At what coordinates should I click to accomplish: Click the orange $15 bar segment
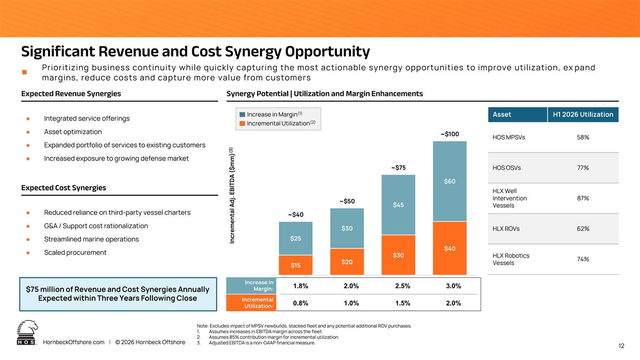click(x=295, y=265)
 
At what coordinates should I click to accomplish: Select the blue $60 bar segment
click(x=450, y=181)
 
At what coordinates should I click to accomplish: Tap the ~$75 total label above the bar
click(x=398, y=167)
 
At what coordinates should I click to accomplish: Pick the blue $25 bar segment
click(x=295, y=238)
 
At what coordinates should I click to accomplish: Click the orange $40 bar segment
click(x=450, y=249)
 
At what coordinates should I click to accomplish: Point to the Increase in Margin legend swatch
click(x=242, y=114)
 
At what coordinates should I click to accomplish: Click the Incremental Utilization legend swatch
click(x=242, y=123)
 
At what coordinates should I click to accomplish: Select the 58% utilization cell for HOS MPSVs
click(x=583, y=137)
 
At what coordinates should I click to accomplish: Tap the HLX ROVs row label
click(x=506, y=229)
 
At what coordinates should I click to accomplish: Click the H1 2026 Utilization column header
click(x=583, y=115)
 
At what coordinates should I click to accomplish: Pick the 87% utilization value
click(x=583, y=198)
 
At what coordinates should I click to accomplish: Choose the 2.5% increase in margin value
click(x=403, y=286)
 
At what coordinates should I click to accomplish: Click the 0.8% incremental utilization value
click(x=301, y=303)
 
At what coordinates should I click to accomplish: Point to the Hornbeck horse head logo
click(x=27, y=332)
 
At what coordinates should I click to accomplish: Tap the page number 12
click(x=621, y=346)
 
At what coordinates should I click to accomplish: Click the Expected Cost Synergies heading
click(x=63, y=188)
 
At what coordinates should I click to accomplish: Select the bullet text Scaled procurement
click(x=75, y=253)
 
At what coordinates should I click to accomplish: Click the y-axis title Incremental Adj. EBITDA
click(x=232, y=196)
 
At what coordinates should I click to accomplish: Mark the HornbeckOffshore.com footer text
click(x=74, y=342)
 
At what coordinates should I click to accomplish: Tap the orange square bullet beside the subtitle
click(x=25, y=73)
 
